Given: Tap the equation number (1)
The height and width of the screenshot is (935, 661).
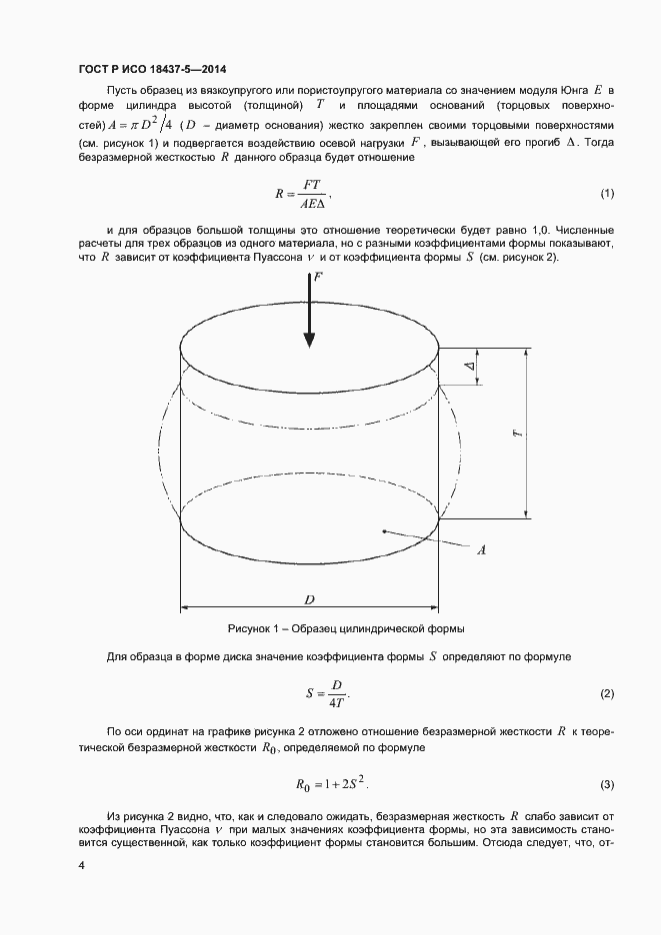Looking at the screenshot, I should [607, 192].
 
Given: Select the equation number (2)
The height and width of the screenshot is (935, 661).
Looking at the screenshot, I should [607, 694].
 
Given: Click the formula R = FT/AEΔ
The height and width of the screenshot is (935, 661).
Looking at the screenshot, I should [301, 192].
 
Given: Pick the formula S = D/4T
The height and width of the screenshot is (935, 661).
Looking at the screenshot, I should [327, 693].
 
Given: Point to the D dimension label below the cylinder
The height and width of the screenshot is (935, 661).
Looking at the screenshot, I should [310, 599].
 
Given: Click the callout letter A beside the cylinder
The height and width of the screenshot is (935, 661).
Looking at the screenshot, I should [481, 549].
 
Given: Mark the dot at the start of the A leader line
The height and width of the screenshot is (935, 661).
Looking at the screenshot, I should [384, 532].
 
